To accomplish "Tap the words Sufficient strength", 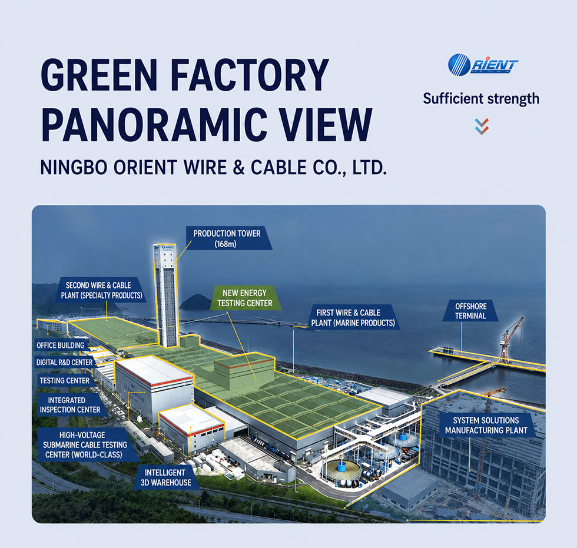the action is (x=481, y=99).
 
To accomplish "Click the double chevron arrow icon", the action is (x=482, y=126).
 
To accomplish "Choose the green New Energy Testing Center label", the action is (x=244, y=298).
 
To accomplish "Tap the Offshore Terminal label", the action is (x=470, y=311).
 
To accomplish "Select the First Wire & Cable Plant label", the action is (x=353, y=318).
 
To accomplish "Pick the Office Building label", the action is (x=60, y=346).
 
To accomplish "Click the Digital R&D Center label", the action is (x=64, y=362).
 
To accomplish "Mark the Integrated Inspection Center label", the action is (x=70, y=405).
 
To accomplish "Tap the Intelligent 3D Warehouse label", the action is (x=165, y=478).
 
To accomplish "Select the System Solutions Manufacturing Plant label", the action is (x=486, y=425).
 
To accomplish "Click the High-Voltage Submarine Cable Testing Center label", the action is (x=85, y=444).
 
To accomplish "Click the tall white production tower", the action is (x=165, y=295).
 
